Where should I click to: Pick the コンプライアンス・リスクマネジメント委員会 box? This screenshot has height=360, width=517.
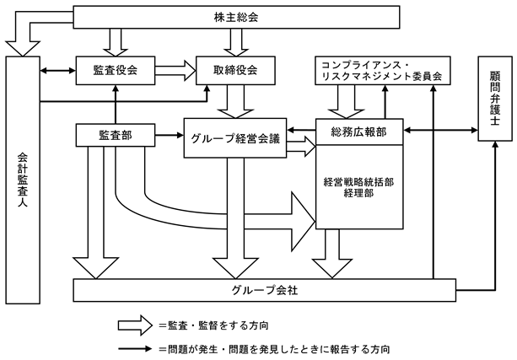point(378,71)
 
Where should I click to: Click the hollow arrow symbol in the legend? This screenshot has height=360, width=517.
point(133,324)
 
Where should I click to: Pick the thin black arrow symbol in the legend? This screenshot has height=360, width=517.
point(133,347)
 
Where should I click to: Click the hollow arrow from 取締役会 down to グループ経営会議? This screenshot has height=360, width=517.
point(232,102)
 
